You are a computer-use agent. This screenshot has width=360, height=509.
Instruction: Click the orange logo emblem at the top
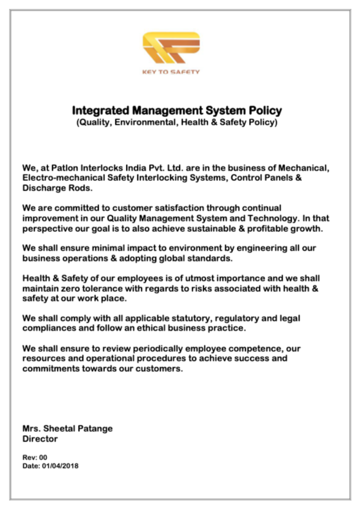171,48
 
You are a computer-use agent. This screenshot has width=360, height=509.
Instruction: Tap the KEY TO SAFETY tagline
171,72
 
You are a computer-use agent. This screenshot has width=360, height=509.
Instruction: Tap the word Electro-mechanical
61,178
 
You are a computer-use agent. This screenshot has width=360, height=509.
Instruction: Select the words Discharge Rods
57,188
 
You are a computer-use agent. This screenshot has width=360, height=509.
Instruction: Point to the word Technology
254,218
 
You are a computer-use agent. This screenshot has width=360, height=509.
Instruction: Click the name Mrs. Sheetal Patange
68,428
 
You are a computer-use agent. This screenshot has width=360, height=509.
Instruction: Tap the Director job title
40,439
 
